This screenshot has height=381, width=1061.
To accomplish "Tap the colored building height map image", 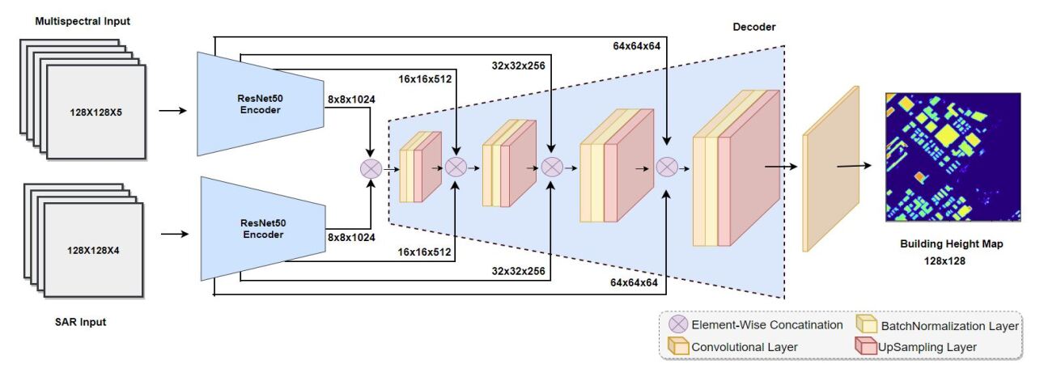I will point(953,157).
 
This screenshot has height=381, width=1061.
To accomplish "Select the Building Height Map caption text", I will point(951,243).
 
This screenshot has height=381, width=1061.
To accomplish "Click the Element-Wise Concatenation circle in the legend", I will point(678,325).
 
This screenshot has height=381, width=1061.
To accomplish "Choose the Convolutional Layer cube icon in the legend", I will point(678,347).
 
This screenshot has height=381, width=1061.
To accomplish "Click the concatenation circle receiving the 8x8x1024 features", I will point(371,169).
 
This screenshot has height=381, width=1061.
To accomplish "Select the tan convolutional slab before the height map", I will point(829,168).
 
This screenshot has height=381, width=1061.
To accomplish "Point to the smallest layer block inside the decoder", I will point(420,167).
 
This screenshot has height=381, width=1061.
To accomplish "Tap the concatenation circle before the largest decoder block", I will point(667,167).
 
